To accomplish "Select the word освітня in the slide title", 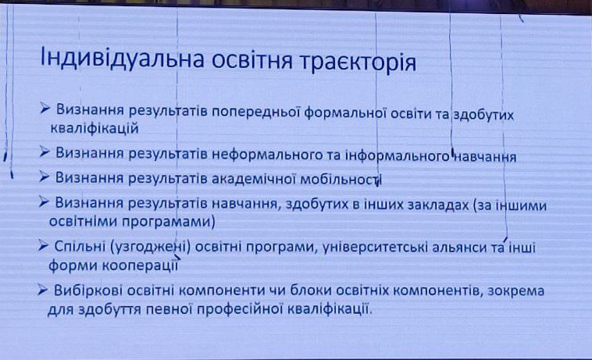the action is tap(251, 60).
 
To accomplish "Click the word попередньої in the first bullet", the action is tap(255, 112).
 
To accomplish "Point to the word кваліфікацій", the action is tap(95, 128).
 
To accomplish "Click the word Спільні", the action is tap(80, 247).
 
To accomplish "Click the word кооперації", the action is tap(140, 266).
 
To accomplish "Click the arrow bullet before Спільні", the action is tap(43, 246).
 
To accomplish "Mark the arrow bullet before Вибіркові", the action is tap(42, 290).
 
